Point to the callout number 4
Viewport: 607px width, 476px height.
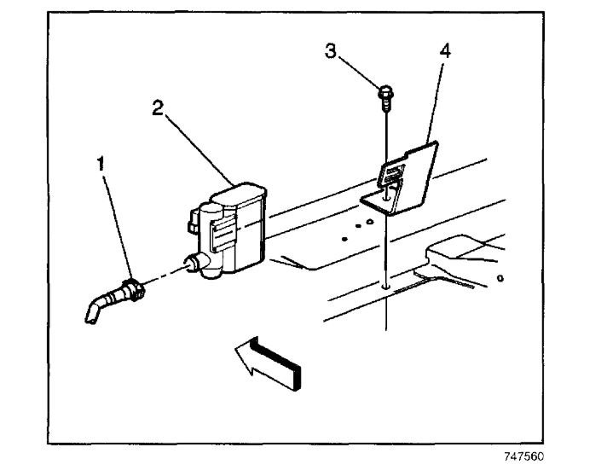443,50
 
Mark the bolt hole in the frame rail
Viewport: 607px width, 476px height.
387,287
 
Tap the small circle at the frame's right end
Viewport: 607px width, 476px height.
500,279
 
